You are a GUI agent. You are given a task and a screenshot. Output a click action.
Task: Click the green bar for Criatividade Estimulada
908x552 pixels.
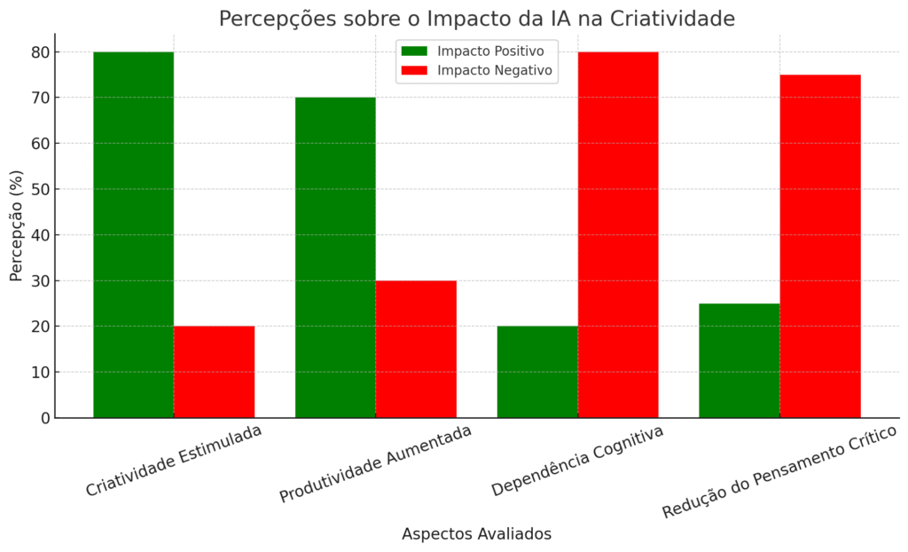[133, 234]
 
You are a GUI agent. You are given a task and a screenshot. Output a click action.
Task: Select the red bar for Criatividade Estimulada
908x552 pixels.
[214, 372]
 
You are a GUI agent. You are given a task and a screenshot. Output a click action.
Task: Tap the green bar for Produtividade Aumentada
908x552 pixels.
[335, 257]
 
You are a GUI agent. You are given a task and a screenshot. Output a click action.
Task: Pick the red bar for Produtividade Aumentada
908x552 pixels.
[416, 349]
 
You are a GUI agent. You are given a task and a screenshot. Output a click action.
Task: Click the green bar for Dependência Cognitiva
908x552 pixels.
[537, 372]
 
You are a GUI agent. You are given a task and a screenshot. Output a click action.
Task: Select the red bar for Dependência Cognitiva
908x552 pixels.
[618, 234]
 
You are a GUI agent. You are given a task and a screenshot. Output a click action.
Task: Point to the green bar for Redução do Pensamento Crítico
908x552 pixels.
[740, 360]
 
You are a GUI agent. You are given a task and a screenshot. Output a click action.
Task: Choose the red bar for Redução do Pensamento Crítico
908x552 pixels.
[820, 246]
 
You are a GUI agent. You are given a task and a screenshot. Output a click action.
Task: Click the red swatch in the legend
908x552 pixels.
[414, 70]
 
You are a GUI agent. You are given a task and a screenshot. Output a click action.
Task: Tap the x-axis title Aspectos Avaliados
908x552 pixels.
[476, 533]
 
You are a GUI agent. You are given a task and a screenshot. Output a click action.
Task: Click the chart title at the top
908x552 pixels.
[476, 19]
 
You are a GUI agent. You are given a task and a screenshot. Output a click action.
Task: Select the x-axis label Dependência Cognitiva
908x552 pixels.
[577, 461]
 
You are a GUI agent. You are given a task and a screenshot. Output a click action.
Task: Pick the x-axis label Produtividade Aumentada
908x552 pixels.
[375, 463]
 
